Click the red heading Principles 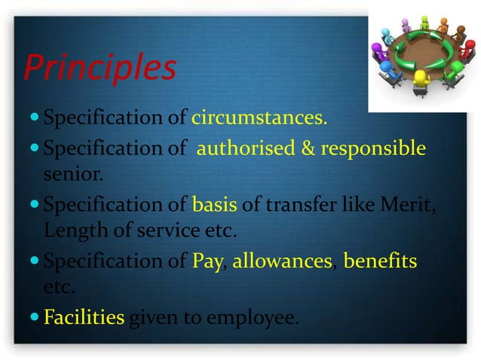click(x=100, y=69)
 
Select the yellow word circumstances click(x=259, y=118)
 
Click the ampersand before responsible click(x=309, y=148)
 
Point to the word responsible click(x=372, y=148)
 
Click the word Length click(x=74, y=231)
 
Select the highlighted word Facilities click(x=84, y=318)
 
